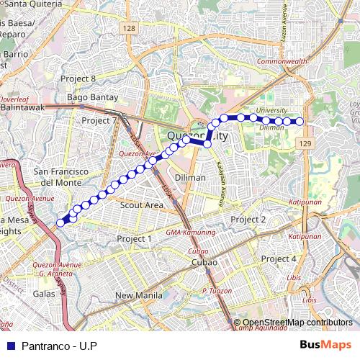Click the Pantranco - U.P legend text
(x=59, y=346)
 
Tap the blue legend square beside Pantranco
(x=11, y=346)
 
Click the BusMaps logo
(x=325, y=346)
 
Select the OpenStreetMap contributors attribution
(x=297, y=323)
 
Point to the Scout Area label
(x=142, y=204)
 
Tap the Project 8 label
(x=78, y=78)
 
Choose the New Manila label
(x=140, y=295)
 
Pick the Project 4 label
(x=279, y=258)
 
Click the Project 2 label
(x=248, y=219)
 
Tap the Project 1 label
(x=135, y=238)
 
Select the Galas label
(x=45, y=293)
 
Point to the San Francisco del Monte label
(x=61, y=177)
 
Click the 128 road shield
(x=129, y=28)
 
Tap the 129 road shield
(x=305, y=145)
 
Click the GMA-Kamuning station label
(x=190, y=233)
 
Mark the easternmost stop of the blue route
(x=300, y=121)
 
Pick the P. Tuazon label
(x=215, y=290)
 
